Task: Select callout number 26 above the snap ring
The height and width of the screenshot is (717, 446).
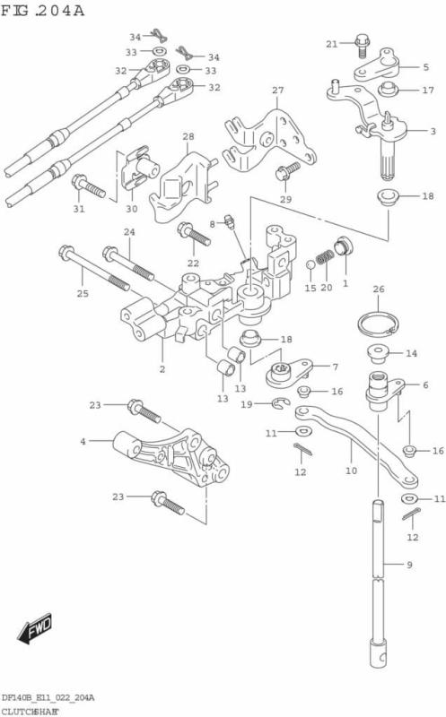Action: (379, 289)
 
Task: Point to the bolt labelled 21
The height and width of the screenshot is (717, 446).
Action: (363, 42)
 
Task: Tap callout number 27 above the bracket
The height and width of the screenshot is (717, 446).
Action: (277, 91)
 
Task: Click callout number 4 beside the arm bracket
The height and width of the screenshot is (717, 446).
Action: (83, 441)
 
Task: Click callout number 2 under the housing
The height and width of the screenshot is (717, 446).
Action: (162, 368)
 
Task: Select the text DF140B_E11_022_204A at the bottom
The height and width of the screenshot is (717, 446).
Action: (48, 697)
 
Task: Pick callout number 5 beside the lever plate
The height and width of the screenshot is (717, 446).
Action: (425, 67)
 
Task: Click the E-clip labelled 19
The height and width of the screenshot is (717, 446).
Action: (280, 406)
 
